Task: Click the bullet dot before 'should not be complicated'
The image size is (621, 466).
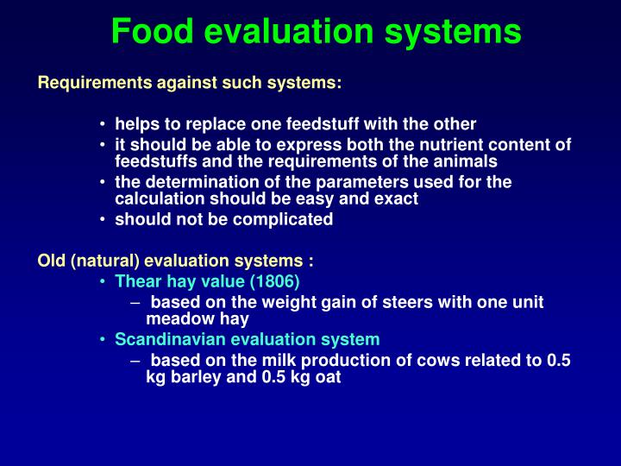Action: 103,219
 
